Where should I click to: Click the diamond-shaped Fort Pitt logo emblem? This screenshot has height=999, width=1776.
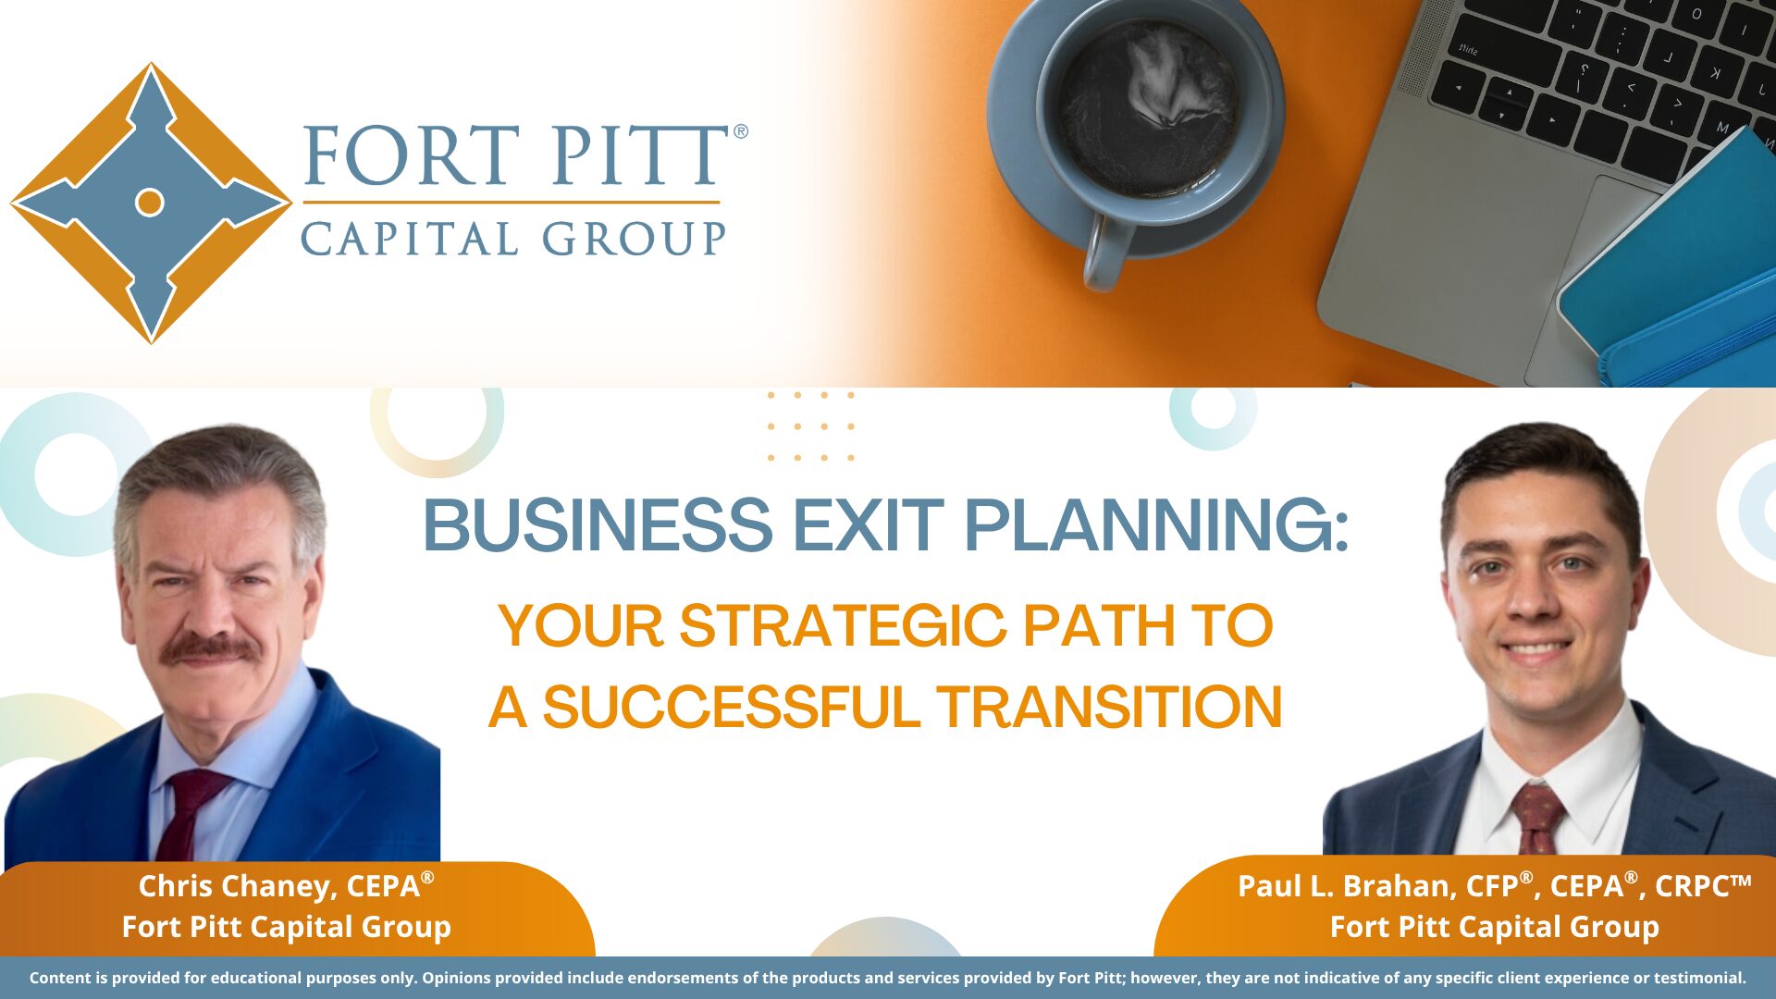tap(151, 203)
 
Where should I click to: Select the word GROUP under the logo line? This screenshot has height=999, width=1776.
tap(634, 239)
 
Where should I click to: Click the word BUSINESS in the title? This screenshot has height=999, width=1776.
tap(598, 525)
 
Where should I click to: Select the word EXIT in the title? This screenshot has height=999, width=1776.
tap(869, 525)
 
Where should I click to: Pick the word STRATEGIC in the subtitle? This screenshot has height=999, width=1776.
tap(843, 625)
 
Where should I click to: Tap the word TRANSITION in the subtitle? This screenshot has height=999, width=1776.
tap(1109, 708)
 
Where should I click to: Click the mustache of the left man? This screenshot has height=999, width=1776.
tap(210, 648)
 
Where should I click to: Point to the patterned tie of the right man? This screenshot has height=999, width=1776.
tap(1538, 819)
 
